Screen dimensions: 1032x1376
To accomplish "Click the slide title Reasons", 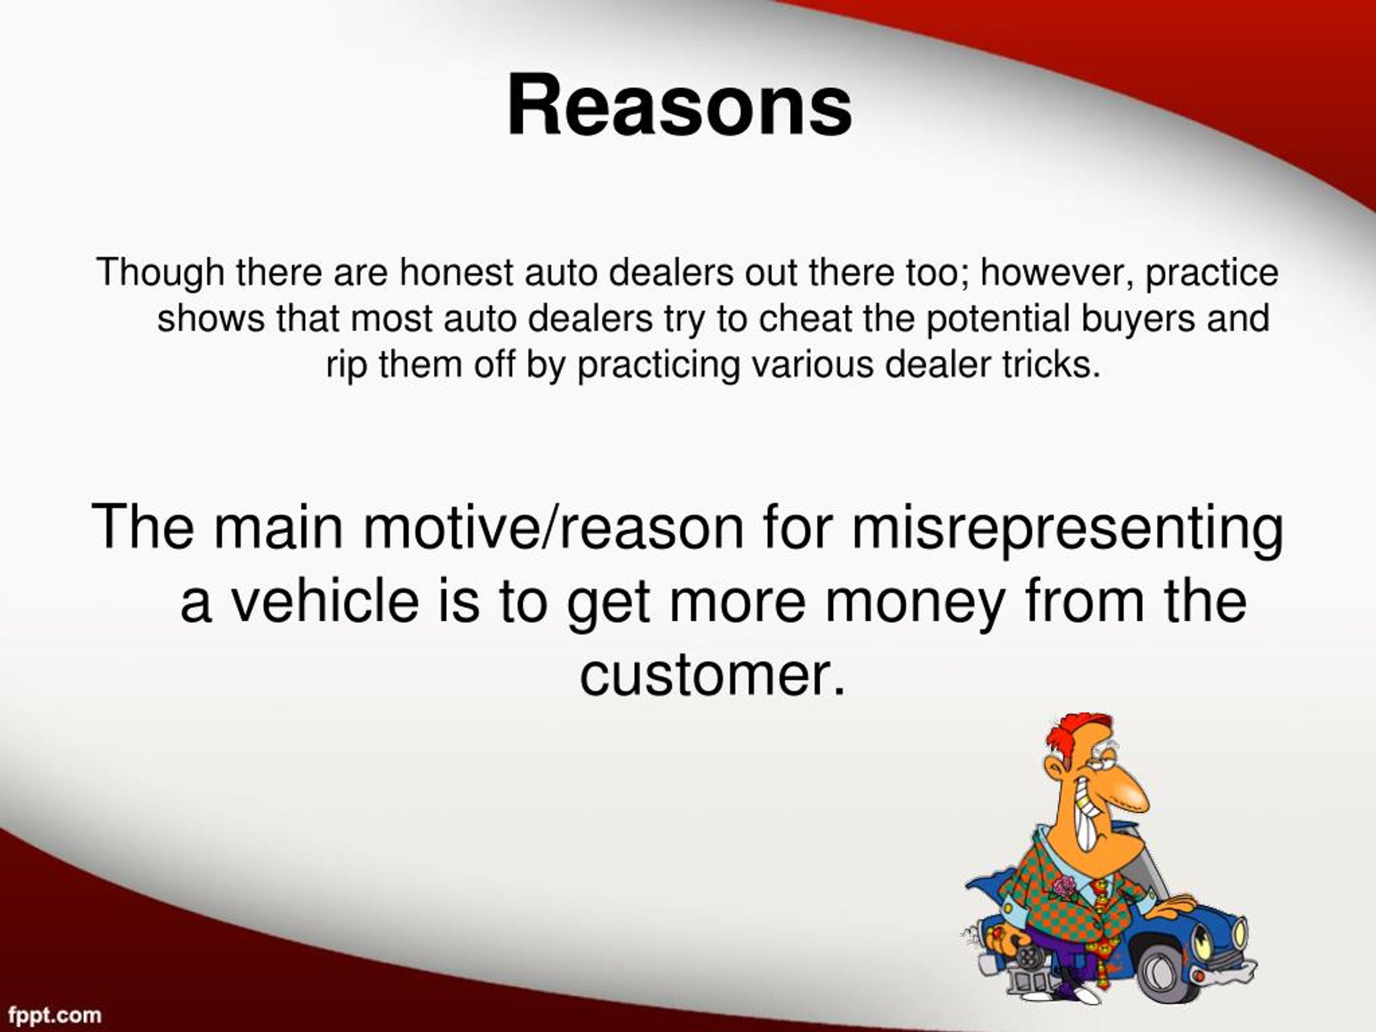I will [679, 106].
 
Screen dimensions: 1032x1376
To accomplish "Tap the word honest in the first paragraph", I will [455, 273].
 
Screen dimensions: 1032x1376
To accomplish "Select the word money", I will [914, 602].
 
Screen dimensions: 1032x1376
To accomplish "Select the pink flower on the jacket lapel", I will [1065, 886].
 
